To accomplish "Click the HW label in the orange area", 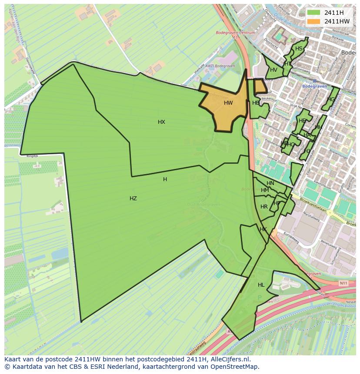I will [228, 103].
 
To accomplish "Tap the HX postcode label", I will [161, 122].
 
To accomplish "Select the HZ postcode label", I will [133, 199].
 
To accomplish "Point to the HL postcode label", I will [261, 285].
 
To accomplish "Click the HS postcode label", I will [299, 49].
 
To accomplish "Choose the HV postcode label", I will [273, 70].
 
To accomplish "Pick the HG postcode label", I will [331, 99].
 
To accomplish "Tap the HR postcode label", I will [264, 207].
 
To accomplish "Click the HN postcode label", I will [270, 183].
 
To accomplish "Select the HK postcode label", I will [263, 229].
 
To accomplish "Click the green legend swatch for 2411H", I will [313, 13].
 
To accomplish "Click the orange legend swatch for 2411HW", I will [313, 21].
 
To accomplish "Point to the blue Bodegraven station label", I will [314, 86].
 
